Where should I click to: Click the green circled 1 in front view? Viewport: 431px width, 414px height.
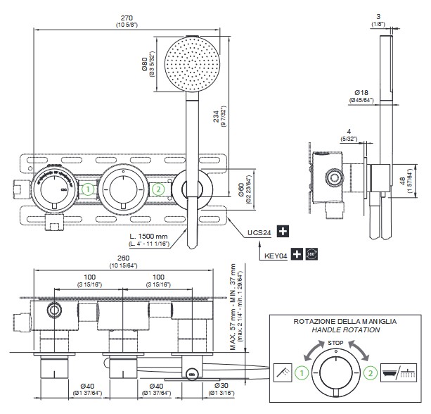coord(87,189)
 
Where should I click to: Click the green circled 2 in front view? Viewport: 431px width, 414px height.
coord(158,189)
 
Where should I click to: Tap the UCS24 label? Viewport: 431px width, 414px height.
coord(259,231)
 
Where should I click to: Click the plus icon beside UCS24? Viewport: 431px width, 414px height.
coord(283,231)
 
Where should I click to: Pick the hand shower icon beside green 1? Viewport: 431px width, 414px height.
coord(282,372)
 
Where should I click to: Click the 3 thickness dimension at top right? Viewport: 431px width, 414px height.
coord(378,15)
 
